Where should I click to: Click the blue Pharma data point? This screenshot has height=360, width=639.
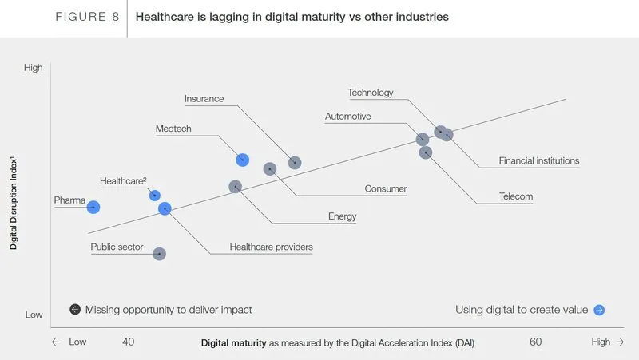93,207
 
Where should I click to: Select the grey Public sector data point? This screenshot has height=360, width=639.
159,254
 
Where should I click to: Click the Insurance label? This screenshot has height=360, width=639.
204,99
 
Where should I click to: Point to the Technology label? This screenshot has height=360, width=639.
371,93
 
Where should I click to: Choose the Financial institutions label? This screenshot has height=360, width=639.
538,161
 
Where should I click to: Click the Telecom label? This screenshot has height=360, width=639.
515,196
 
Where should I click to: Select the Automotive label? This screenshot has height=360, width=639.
347,117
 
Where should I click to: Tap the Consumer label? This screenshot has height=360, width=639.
386,189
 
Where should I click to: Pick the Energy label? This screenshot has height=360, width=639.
342,216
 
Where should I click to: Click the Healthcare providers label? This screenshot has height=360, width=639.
271,247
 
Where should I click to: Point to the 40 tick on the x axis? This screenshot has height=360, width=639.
128,342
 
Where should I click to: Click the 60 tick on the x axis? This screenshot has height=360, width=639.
535,342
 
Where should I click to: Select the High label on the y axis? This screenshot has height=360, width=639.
33,69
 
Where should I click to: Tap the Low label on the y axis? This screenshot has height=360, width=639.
34,315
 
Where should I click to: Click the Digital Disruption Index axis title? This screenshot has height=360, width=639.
14,204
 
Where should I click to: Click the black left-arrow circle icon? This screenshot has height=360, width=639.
75,310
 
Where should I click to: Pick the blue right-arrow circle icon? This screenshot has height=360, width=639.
599,310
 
